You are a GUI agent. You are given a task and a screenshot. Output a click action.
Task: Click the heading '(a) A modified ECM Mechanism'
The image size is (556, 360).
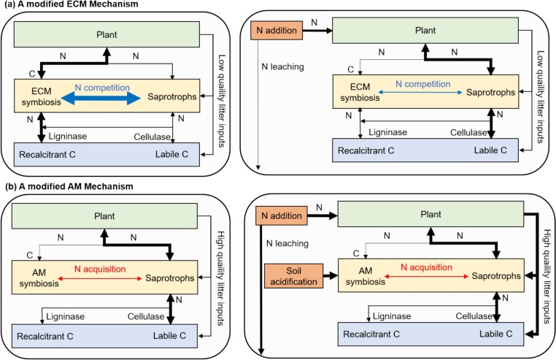(62, 5)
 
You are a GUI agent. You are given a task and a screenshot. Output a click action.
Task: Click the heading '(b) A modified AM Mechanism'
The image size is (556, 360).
(60, 186)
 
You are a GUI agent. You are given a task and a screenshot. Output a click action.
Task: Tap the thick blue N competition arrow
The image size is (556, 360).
(96, 97)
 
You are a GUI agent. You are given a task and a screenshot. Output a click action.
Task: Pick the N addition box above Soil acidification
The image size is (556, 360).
(277, 216)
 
